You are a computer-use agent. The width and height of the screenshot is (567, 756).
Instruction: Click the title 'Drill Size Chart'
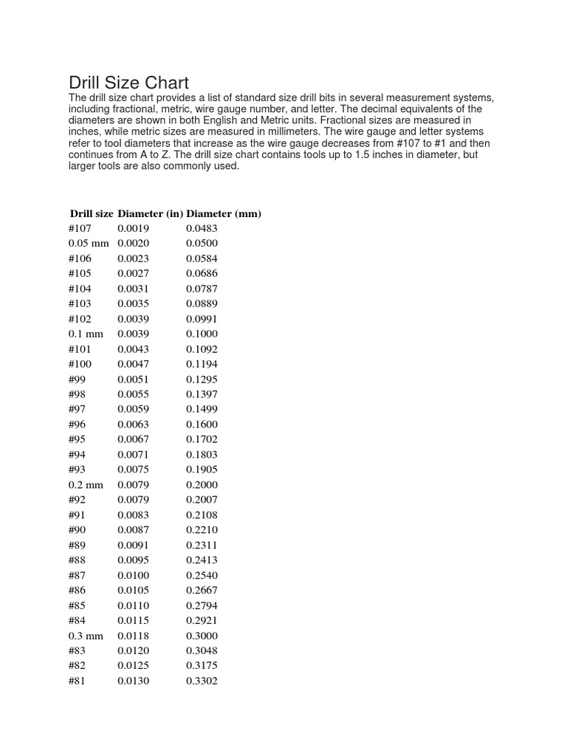(128, 83)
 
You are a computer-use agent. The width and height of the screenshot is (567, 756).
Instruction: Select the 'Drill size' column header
(91, 213)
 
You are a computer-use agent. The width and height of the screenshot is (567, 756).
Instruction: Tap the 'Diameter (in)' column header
(150, 213)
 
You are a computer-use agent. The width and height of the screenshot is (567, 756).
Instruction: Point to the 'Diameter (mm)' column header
(224, 213)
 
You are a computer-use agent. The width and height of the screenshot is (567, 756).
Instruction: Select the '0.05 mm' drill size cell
(89, 244)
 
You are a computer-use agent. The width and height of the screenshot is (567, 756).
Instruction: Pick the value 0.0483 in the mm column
(202, 228)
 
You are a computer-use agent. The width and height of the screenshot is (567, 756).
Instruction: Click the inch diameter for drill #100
(133, 364)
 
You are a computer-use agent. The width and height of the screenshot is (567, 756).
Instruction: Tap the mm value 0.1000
(202, 334)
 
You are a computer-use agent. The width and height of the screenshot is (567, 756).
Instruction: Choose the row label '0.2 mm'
(86, 485)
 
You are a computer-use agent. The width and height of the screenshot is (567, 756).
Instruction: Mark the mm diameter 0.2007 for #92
(202, 500)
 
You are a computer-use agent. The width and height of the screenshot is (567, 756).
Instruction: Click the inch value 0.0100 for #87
(133, 575)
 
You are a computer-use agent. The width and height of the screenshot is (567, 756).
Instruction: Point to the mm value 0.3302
(202, 681)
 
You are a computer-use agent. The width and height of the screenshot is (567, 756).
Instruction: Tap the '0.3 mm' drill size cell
(86, 636)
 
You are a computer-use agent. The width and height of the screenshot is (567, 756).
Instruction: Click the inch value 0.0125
(133, 666)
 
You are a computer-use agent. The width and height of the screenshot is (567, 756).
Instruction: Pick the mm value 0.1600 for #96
(202, 425)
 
